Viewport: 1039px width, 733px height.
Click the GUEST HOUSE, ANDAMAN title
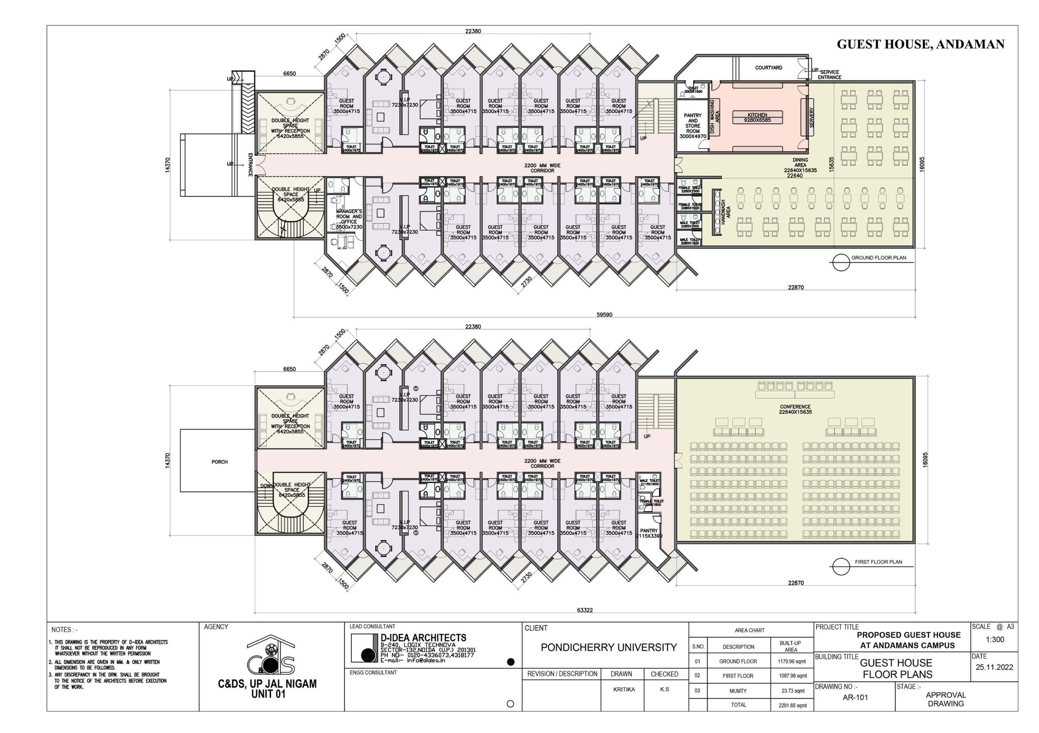pos(920,44)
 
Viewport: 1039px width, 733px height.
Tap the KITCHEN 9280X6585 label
pos(757,118)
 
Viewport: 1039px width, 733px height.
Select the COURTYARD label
pos(768,68)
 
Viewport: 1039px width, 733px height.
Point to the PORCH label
pos(219,462)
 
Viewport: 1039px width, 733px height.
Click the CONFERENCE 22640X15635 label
pos(795,409)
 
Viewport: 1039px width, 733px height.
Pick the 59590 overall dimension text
pos(604,315)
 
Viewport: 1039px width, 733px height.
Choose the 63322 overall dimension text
pos(585,610)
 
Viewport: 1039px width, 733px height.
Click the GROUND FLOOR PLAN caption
pos(878,258)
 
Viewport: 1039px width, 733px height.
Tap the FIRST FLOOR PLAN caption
pos(878,562)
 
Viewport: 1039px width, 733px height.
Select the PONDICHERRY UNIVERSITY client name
pos(609,648)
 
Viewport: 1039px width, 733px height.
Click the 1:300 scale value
pos(994,639)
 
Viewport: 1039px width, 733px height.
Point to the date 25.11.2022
pos(994,668)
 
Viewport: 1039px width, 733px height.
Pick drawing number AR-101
pos(855,697)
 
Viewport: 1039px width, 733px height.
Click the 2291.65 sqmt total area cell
pos(792,706)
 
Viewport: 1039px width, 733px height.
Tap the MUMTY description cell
pos(738,691)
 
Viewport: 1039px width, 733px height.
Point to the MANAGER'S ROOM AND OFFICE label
pos(349,219)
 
